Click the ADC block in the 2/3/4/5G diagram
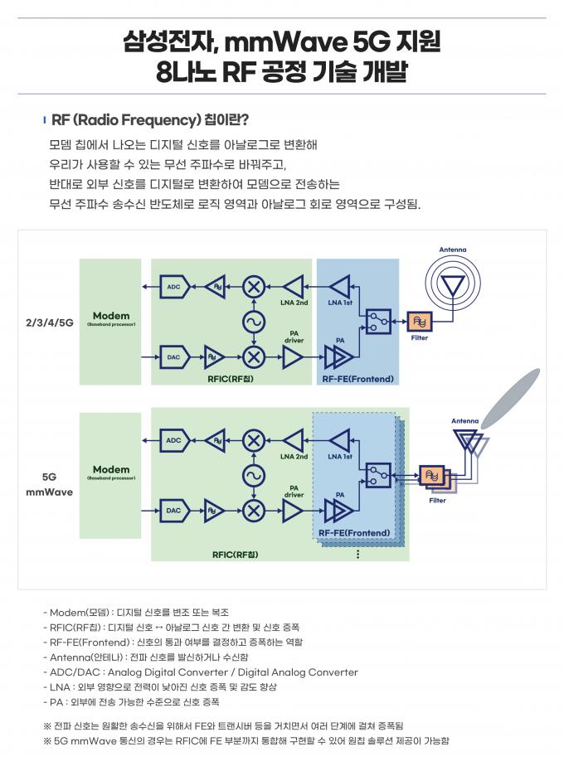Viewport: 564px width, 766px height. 174,287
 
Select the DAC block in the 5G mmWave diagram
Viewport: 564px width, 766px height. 174,511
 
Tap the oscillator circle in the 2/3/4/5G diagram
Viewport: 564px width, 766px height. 254,322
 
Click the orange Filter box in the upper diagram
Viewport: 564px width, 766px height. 419,322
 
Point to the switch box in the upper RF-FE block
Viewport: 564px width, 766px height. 378,322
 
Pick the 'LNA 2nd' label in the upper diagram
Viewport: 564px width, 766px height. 294,303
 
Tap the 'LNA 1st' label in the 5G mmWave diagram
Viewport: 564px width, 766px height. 340,456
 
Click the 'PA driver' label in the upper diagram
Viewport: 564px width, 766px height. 294,337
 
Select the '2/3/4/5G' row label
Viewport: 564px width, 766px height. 50,322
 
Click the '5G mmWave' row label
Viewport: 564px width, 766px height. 50,484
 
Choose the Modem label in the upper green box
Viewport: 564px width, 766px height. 111,316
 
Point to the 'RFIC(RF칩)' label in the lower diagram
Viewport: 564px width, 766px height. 235,555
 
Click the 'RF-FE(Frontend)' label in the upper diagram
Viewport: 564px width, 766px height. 357,379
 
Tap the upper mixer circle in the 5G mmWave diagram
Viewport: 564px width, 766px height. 254,441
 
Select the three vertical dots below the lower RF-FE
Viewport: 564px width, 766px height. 358,554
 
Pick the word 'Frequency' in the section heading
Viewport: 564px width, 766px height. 161,119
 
